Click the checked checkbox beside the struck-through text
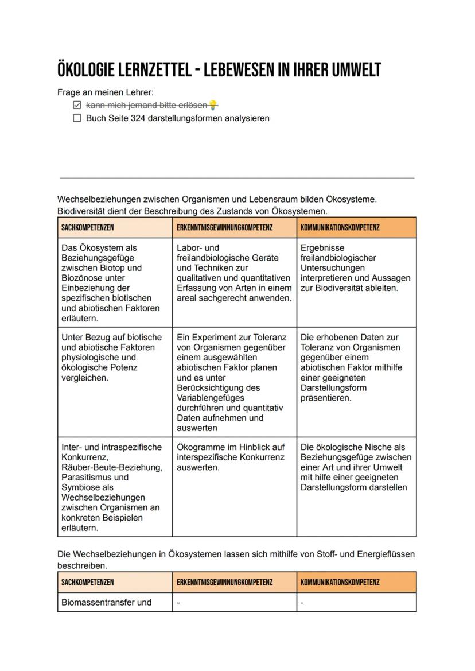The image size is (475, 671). point(77,106)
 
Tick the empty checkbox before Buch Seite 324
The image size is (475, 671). point(77,118)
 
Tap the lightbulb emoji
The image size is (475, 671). point(213,105)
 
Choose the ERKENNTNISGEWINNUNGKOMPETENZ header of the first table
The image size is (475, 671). point(225,227)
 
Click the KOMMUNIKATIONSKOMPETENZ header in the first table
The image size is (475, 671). point(340,227)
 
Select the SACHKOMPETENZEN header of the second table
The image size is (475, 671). point(87,582)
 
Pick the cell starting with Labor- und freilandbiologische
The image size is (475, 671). point(234,273)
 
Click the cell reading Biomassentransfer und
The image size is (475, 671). point(106,602)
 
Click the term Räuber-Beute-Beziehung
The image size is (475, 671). point(112,467)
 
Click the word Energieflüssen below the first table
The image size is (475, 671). point(386,554)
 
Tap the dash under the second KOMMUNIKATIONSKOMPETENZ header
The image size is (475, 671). point(302,603)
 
